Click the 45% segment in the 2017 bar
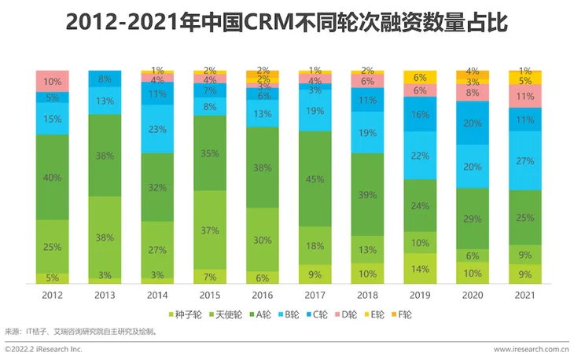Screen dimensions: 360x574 [x=315, y=178]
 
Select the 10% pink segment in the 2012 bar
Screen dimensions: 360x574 [x=52, y=82]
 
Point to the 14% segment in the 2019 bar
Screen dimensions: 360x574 [x=420, y=268]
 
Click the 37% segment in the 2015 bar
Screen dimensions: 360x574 [x=209, y=230]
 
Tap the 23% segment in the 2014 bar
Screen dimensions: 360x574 [x=156, y=129]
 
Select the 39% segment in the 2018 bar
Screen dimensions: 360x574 [x=367, y=194]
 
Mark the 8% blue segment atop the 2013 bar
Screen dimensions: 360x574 [x=105, y=79]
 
